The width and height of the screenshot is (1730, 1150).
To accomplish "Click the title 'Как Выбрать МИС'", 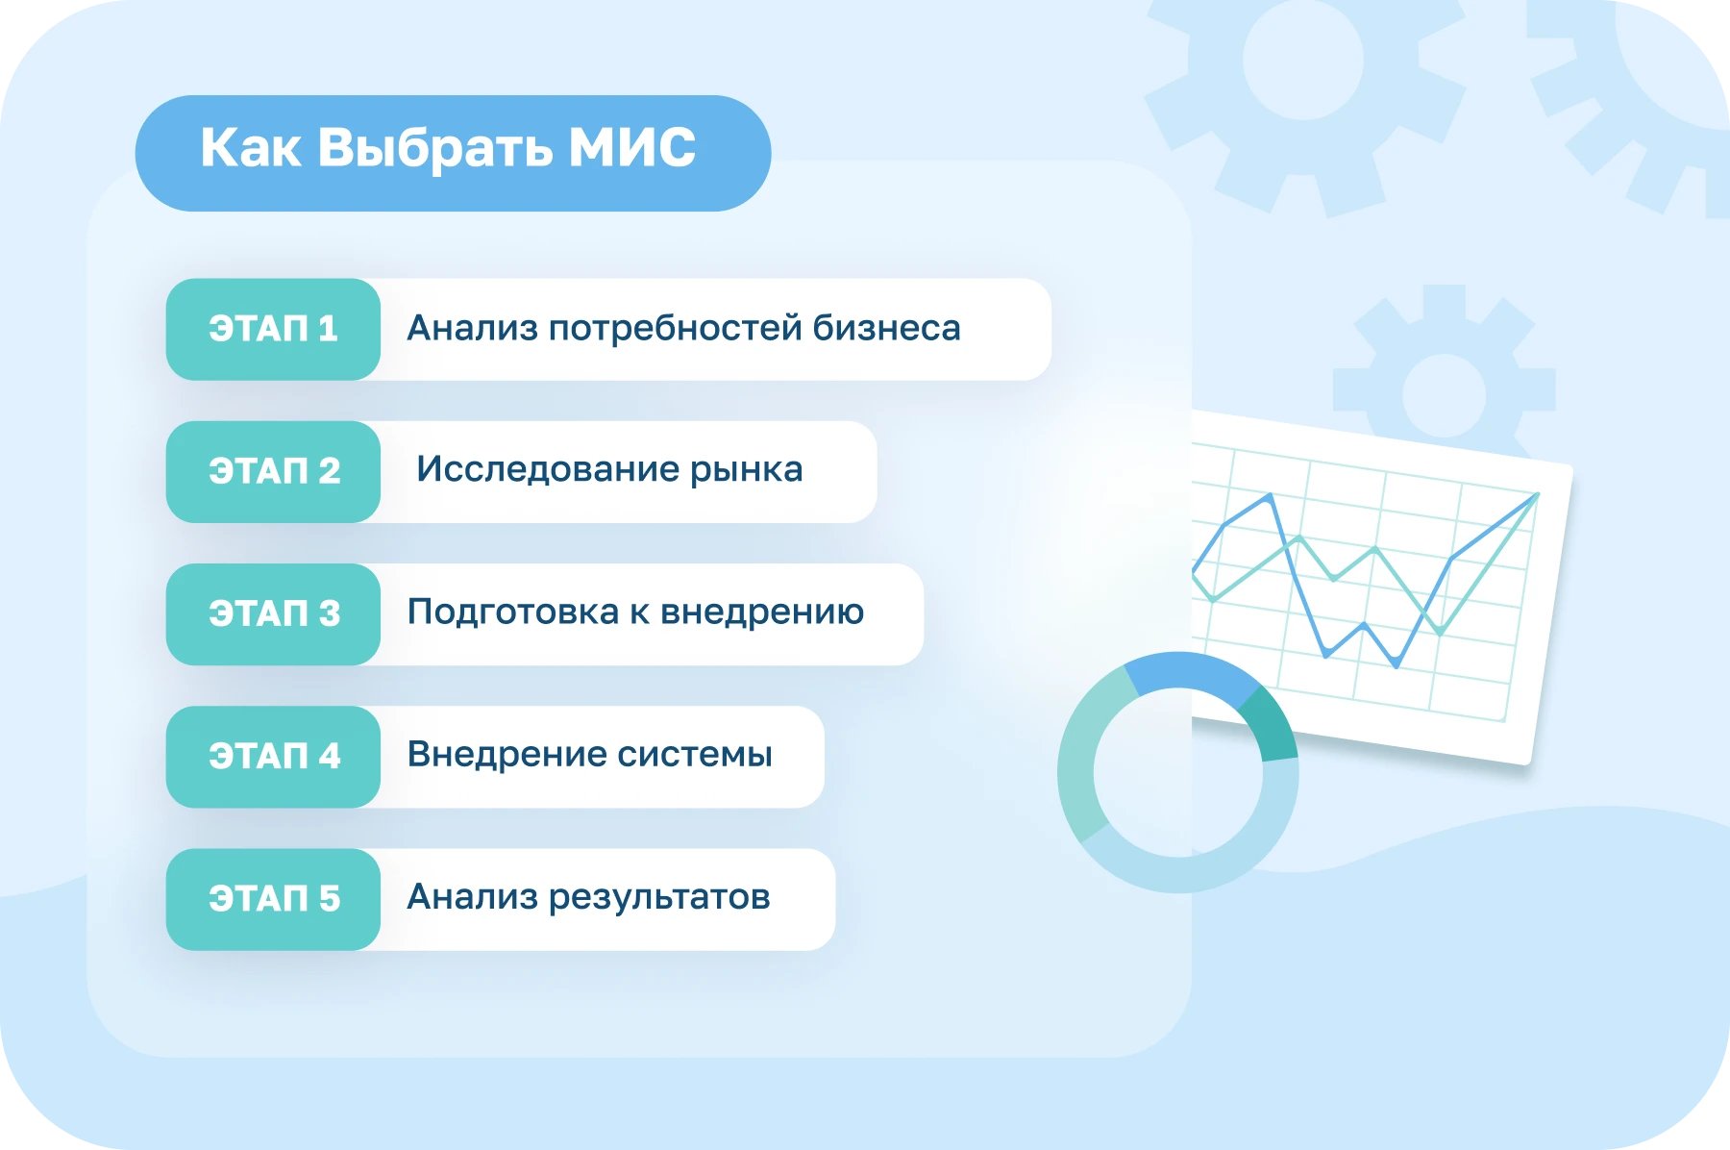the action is pyautogui.click(x=448, y=149).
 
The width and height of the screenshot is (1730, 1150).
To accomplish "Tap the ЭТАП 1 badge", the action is pyautogui.click(x=273, y=329).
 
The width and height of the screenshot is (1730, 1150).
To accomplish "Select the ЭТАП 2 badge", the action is pyautogui.click(x=273, y=471).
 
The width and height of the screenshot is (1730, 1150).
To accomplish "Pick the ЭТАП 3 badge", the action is pyautogui.click(x=273, y=613).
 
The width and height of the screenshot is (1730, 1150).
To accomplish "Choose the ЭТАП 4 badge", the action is pyautogui.click(x=273, y=757).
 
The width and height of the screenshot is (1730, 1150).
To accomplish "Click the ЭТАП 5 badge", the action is pyautogui.click(x=273, y=899).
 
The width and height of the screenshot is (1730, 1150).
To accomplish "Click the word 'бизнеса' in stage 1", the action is pyautogui.click(x=886, y=328).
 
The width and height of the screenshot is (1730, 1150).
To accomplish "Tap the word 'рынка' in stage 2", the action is pyautogui.click(x=746, y=470).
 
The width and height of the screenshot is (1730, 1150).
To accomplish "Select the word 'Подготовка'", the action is pyautogui.click(x=513, y=612).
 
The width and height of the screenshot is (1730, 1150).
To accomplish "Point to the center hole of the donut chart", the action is pyautogui.click(x=1178, y=772).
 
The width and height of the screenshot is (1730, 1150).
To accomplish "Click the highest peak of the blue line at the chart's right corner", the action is pyautogui.click(x=1537, y=495).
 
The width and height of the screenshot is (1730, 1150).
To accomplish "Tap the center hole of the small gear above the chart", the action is pyautogui.click(x=1444, y=395).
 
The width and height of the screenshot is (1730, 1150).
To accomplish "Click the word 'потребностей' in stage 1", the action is pyautogui.click(x=676, y=329).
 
